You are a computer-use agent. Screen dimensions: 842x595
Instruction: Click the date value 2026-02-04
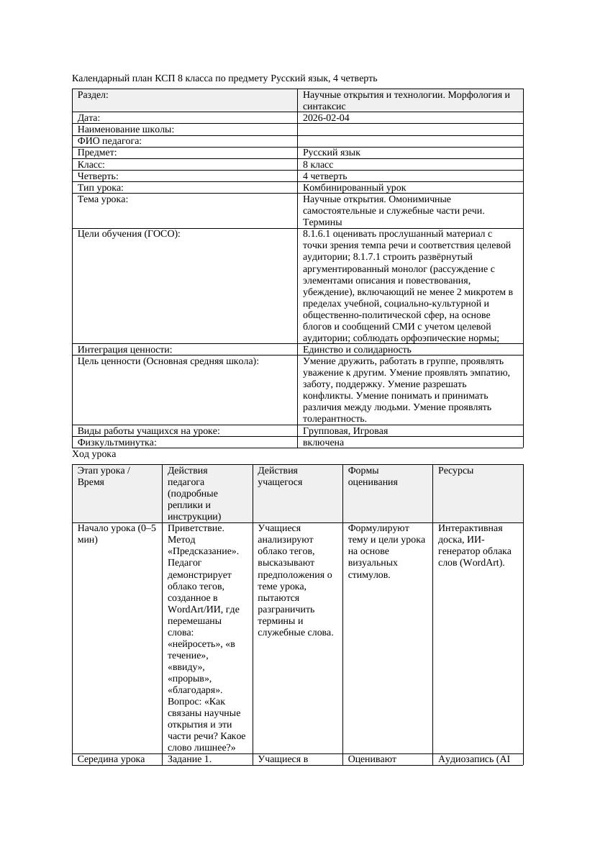click(x=326, y=118)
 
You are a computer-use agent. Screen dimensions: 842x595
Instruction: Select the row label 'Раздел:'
click(x=93, y=95)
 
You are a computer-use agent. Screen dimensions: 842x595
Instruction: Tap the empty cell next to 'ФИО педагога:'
click(x=410, y=141)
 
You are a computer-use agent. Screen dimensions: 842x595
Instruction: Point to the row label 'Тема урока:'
click(x=102, y=199)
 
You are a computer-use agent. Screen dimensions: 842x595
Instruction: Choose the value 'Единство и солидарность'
click(x=357, y=350)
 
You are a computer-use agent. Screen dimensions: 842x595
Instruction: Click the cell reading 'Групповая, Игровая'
click(x=345, y=431)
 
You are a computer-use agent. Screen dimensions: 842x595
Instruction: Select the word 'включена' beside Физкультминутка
click(x=323, y=443)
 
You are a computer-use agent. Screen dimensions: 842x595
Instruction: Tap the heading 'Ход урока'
click(x=94, y=455)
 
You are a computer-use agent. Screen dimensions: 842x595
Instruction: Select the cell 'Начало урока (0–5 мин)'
click(x=116, y=534)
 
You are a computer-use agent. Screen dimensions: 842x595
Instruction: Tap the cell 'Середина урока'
click(x=111, y=759)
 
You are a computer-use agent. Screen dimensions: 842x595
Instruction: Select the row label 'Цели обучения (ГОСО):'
click(x=129, y=234)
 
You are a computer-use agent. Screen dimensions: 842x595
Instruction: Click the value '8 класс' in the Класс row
click(x=318, y=164)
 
